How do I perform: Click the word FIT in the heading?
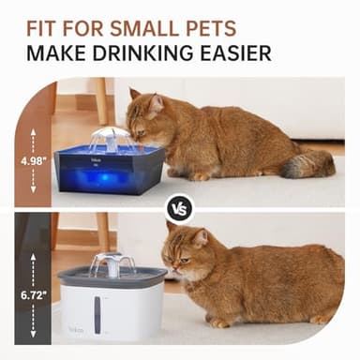click(x=45, y=22)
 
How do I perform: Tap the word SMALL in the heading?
click(x=138, y=22)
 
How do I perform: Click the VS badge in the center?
click(x=180, y=208)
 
